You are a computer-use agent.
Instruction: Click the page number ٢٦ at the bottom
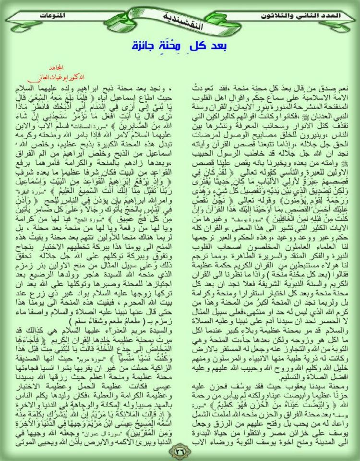pos(180,452)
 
